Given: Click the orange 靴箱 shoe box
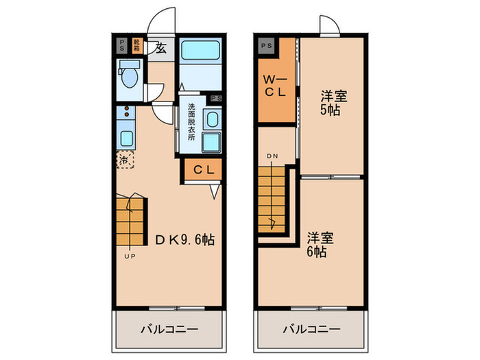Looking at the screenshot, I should [136, 47].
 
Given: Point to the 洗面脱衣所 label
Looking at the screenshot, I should [192, 121].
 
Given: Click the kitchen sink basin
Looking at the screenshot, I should [127, 136].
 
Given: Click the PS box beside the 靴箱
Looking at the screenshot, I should [122, 47].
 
